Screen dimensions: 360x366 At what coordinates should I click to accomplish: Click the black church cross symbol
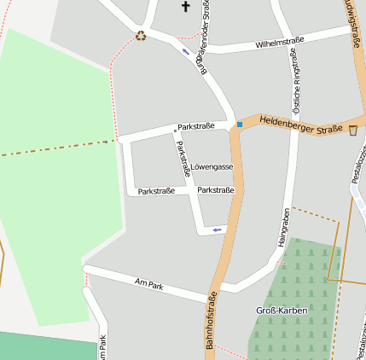[185, 7]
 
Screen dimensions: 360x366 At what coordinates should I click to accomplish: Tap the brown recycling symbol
[141, 35]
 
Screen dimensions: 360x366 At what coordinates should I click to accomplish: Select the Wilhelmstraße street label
[280, 44]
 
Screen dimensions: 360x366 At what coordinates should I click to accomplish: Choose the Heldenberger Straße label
[300, 125]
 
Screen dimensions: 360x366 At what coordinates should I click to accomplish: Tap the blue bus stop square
[240, 125]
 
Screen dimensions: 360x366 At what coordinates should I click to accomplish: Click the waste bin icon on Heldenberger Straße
[353, 131]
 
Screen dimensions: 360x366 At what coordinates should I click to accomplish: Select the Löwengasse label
[212, 166]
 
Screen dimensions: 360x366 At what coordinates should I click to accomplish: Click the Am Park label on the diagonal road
[148, 284]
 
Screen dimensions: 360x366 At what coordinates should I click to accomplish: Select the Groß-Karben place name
[282, 311]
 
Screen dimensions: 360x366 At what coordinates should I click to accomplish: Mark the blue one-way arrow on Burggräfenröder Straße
[186, 50]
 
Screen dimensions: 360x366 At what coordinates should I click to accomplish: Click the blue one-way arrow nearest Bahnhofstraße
[217, 229]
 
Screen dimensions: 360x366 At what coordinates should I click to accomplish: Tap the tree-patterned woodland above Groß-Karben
[299, 273]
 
